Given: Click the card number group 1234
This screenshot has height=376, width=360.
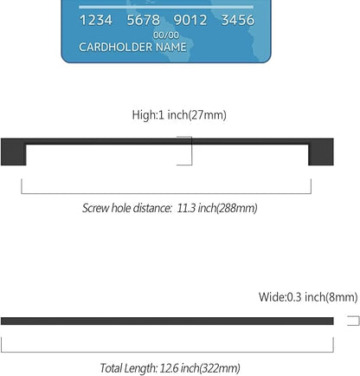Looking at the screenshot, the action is (96, 20).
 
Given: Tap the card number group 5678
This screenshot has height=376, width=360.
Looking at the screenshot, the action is (144, 20).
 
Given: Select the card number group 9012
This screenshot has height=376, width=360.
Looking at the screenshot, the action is (190, 20).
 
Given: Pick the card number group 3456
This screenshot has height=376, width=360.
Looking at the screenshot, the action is (238, 20).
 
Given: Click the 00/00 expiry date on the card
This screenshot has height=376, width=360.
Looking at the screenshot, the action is (166, 36).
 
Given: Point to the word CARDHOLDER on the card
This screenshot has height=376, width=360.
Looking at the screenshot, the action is (115, 47).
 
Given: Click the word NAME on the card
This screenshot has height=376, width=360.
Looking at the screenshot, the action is (171, 47).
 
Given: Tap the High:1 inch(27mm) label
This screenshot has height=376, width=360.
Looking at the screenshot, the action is (179, 115).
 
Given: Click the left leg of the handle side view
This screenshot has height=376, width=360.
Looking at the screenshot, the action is (14, 152).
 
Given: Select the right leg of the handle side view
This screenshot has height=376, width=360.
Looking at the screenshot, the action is (321, 152).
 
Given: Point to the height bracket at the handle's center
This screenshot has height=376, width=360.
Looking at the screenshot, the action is (191, 151).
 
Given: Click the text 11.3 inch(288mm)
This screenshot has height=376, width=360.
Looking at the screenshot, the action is (217, 208).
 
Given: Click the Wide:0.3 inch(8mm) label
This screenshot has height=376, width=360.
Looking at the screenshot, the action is (308, 297).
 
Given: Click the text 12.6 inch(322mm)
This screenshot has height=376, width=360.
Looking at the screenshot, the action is (200, 368).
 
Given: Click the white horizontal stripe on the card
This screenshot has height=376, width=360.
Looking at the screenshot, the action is (166, 7).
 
